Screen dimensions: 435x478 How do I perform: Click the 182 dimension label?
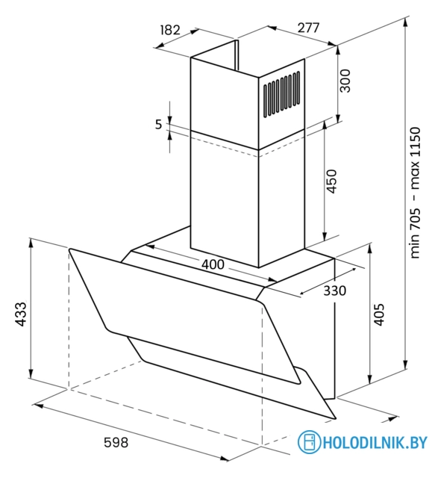(x=170, y=30)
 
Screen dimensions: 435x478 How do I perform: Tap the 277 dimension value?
(x=308, y=28)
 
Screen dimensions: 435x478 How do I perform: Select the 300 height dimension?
(x=345, y=81)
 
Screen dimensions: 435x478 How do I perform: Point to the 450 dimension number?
(x=331, y=181)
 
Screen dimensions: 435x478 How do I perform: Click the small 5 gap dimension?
(x=158, y=125)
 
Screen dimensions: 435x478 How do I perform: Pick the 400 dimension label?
(x=213, y=264)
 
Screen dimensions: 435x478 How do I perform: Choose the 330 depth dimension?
(x=334, y=291)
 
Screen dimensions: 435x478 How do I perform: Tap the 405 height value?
(x=378, y=314)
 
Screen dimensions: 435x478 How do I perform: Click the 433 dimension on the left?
(x=21, y=314)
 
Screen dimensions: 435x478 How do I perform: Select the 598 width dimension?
(x=116, y=442)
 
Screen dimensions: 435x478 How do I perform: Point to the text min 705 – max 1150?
(x=415, y=193)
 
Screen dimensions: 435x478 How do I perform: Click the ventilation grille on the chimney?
(x=282, y=94)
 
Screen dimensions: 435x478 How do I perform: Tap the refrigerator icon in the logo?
(x=309, y=441)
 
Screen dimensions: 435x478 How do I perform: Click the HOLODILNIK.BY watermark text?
(x=375, y=442)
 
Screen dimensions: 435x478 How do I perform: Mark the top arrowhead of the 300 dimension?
(x=337, y=50)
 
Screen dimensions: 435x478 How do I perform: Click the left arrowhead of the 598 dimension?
(x=38, y=406)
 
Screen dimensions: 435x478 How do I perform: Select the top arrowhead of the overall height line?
(x=405, y=22)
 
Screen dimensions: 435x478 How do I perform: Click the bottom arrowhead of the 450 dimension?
(x=325, y=236)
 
